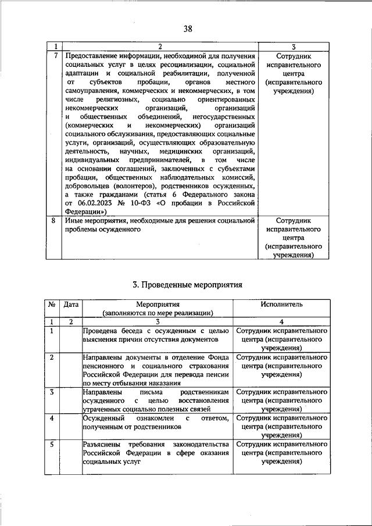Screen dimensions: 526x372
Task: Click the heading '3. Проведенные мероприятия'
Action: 187,285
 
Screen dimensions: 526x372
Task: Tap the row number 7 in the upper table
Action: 55,55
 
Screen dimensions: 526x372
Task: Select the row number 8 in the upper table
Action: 55,221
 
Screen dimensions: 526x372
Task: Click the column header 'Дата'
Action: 71,304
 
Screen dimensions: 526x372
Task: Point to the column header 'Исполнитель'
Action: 282,304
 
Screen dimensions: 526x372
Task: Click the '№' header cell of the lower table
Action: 52,304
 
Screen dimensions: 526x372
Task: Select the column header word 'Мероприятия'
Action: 158,304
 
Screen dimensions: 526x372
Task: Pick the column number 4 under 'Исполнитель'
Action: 282,321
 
